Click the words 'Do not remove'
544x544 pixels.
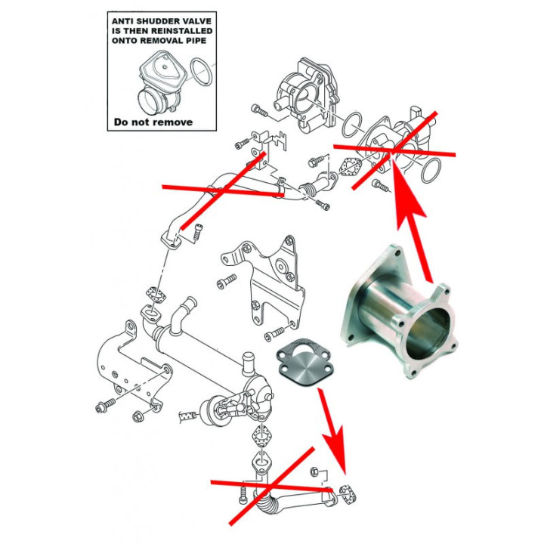(x=153, y=122)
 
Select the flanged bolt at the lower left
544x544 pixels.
(x=101, y=409)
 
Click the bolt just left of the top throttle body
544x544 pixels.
(x=261, y=111)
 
